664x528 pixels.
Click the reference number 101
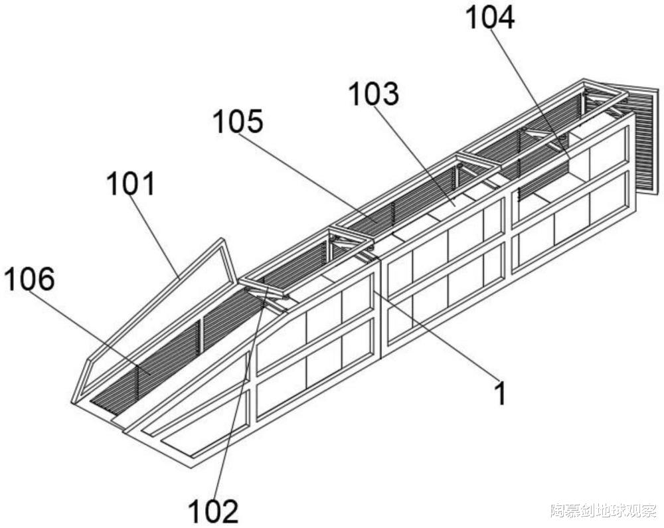tap(131, 183)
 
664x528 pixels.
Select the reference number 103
tap(374, 94)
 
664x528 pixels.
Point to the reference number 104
tap(489, 18)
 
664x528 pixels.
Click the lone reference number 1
tap(500, 394)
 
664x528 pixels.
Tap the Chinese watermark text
tap(603, 511)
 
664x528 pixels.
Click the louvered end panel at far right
tap(644, 139)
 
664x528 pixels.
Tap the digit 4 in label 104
tap(505, 18)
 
